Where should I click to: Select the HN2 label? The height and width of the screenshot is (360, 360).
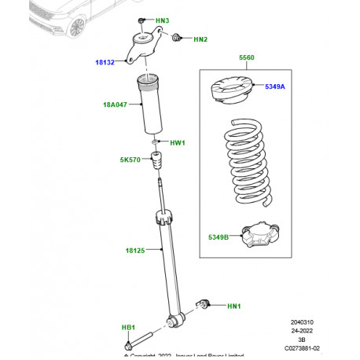[x=200, y=39]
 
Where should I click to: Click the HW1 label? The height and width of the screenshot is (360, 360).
[x=178, y=143]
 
